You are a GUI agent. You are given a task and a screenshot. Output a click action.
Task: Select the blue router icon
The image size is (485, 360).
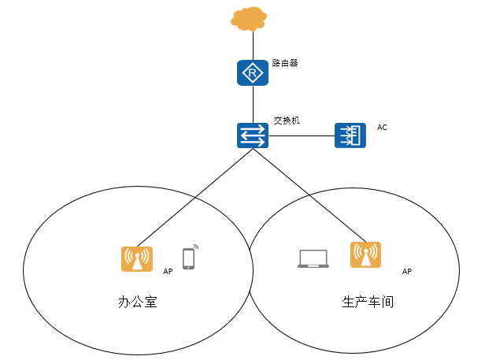(x=253, y=73)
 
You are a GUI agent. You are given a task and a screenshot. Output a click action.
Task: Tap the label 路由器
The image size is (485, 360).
(x=284, y=61)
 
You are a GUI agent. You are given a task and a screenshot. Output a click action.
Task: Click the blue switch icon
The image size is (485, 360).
(x=253, y=135)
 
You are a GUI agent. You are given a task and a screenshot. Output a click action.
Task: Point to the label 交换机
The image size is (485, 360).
(x=287, y=121)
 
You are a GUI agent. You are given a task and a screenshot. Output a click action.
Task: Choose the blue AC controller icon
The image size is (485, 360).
(x=350, y=135)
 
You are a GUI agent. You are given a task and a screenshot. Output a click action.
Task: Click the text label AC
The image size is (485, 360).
(x=382, y=128)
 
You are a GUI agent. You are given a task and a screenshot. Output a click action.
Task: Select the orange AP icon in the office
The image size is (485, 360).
(x=137, y=258)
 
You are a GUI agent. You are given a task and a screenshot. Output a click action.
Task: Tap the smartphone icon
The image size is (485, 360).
(x=189, y=258)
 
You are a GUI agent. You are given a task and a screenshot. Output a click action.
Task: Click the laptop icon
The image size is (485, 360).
(x=313, y=259)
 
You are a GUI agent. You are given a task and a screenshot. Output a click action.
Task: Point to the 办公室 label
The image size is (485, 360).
(x=138, y=302)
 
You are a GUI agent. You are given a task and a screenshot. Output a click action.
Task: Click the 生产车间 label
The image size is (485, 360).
(x=368, y=302)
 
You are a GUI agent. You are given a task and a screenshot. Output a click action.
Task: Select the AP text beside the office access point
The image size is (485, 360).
(x=168, y=271)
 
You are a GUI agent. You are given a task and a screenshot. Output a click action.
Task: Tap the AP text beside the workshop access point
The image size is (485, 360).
(x=407, y=271)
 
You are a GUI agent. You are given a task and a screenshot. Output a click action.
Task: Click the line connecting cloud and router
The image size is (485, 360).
(x=253, y=46)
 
